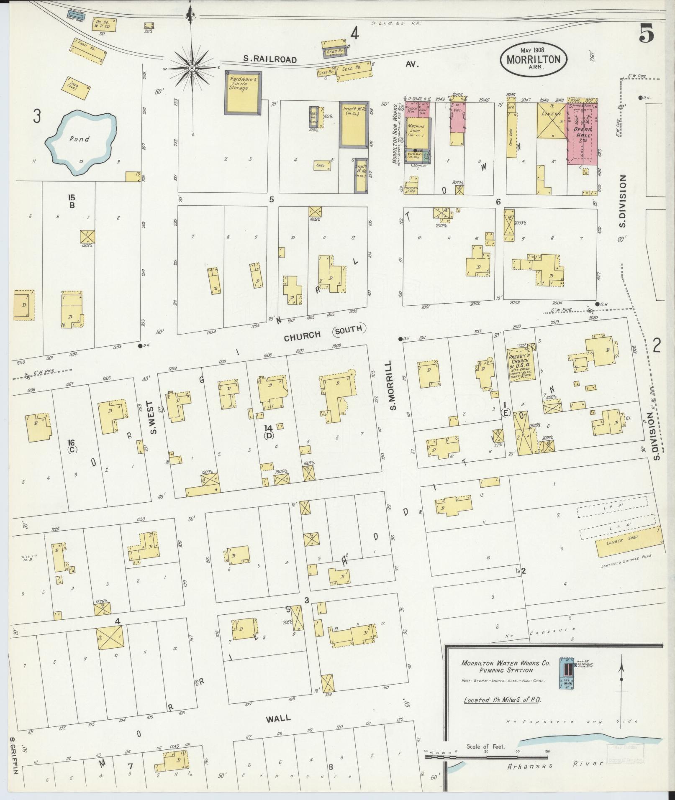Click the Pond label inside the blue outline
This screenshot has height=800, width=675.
click(x=79, y=139)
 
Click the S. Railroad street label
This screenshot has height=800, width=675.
click(x=270, y=60)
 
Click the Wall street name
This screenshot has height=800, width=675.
click(x=278, y=426)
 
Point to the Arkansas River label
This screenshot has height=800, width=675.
click(x=555, y=765)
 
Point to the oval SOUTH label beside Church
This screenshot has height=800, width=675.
click(x=349, y=330)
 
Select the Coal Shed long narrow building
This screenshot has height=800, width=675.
click(x=511, y=135)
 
